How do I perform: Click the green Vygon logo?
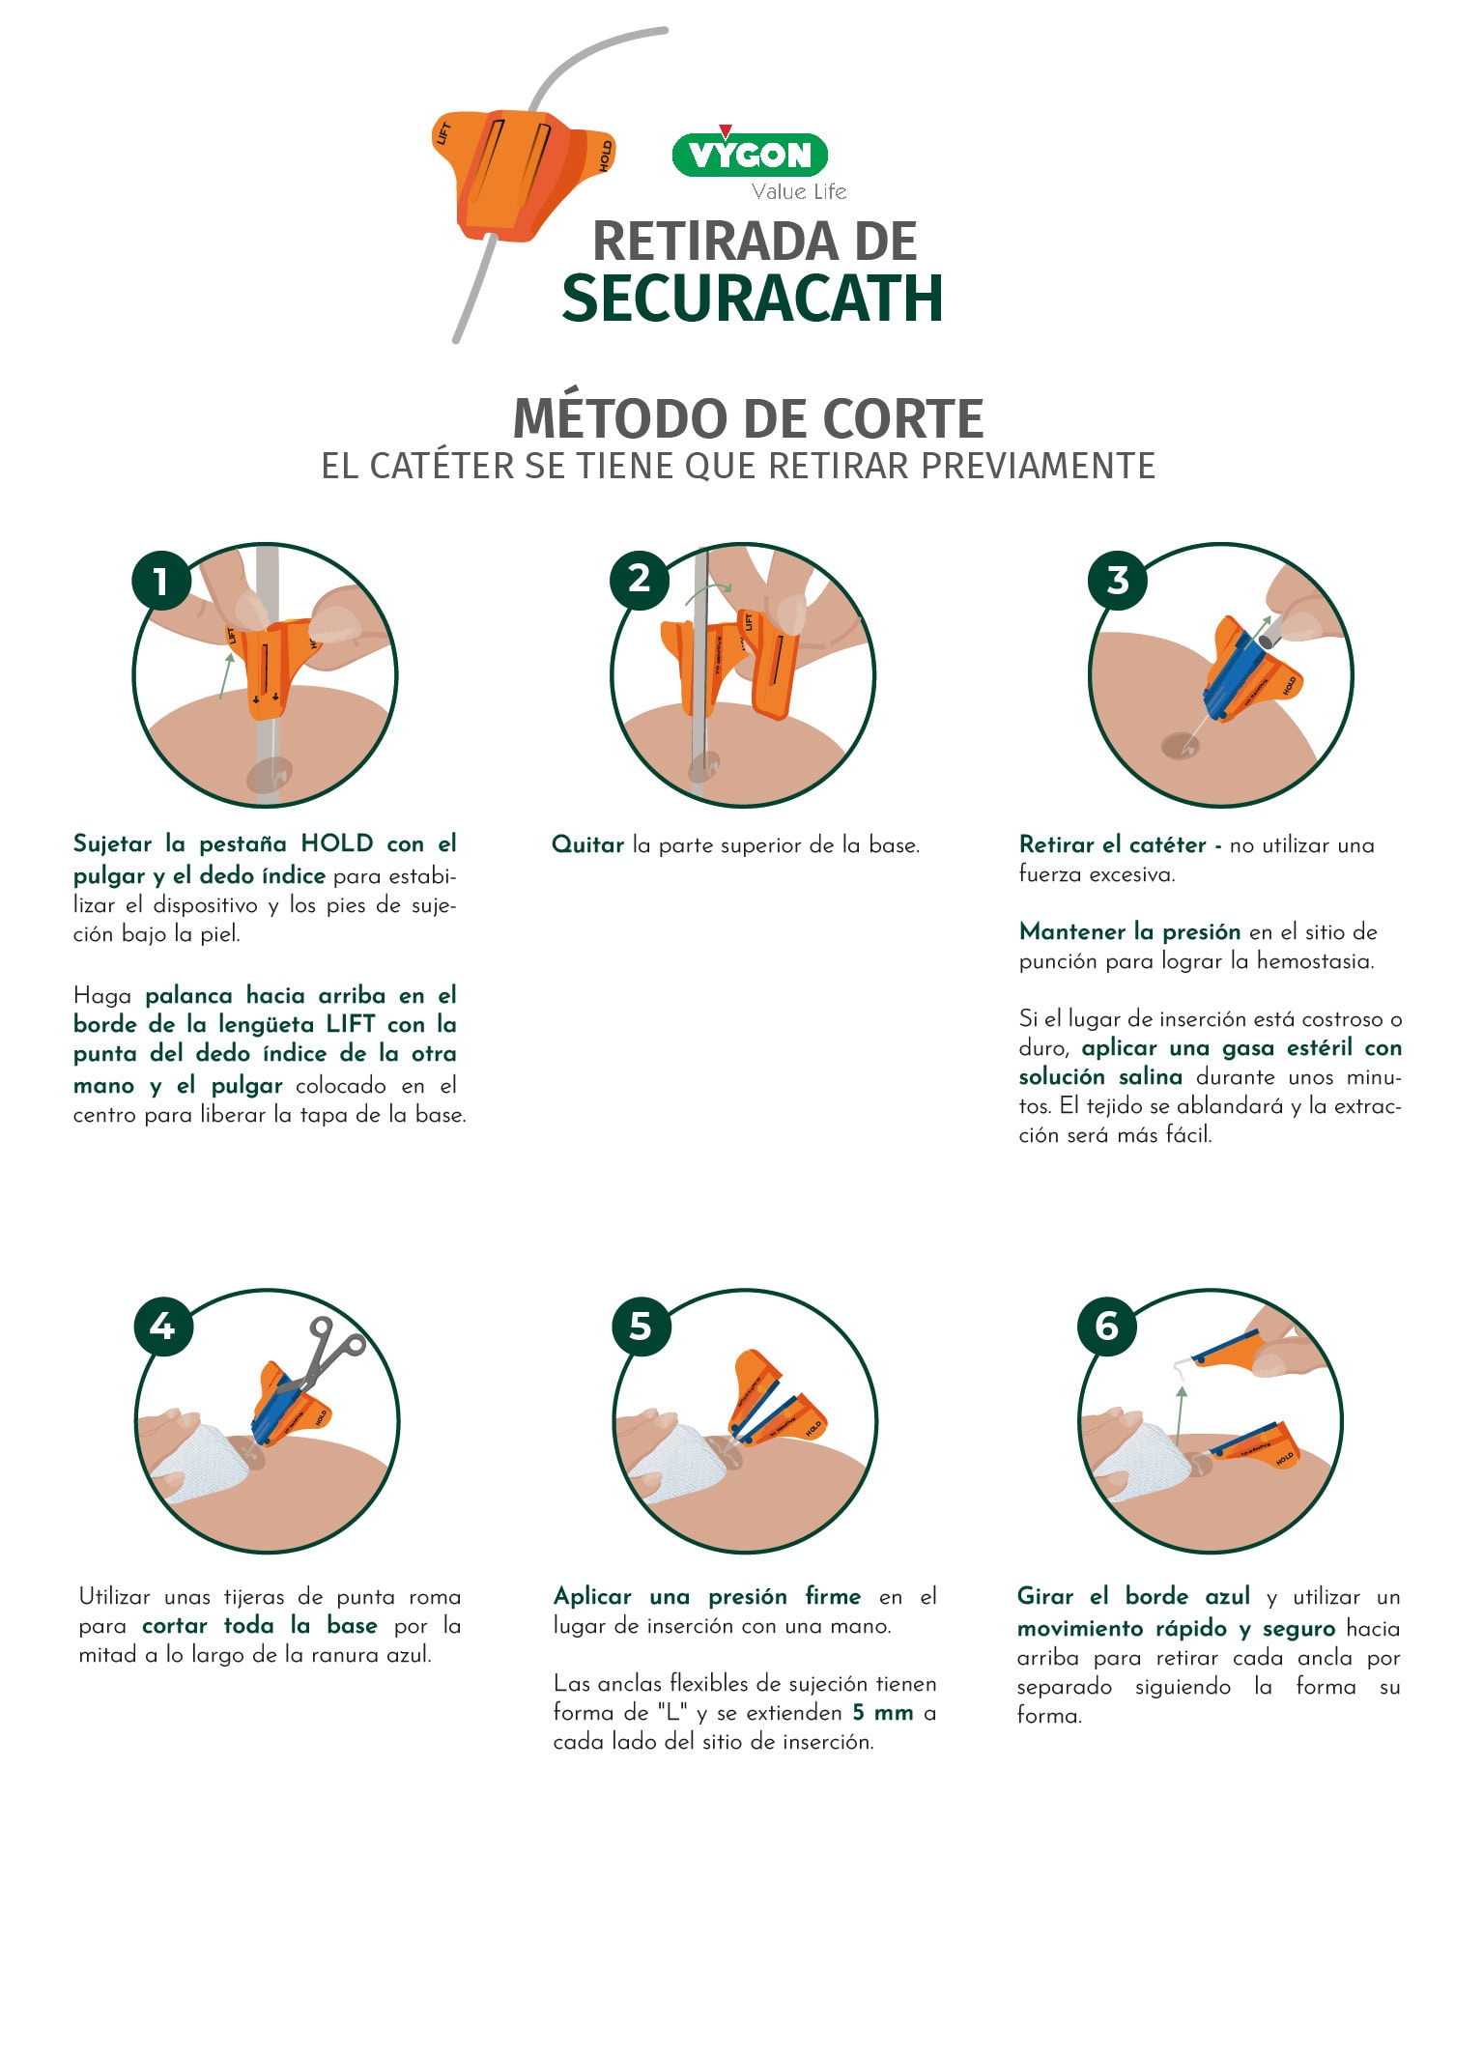(x=750, y=154)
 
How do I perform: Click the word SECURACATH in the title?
(x=753, y=299)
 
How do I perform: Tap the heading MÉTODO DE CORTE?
(x=749, y=418)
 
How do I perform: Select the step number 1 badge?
(x=161, y=581)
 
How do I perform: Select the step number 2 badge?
(x=639, y=580)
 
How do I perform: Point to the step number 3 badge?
(x=1118, y=581)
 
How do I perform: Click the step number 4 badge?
(x=163, y=1327)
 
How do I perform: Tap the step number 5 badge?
(x=642, y=1327)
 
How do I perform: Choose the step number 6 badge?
(x=1107, y=1326)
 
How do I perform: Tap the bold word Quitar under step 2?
(x=588, y=844)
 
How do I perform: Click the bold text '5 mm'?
(x=883, y=1712)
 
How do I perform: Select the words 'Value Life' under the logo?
(x=799, y=191)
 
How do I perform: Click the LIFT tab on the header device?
(x=444, y=133)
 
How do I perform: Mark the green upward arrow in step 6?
(x=1181, y=1416)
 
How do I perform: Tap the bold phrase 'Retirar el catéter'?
(x=1113, y=844)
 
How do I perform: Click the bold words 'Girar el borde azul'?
(x=1133, y=1596)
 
